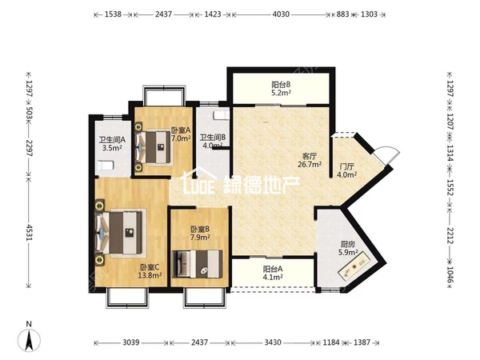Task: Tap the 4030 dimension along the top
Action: click(x=281, y=14)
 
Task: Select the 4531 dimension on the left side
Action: click(x=29, y=232)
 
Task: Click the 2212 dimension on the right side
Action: click(x=450, y=235)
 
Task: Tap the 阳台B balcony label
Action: click(x=281, y=84)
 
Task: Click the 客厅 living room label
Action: click(x=310, y=156)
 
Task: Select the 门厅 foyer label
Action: click(x=347, y=167)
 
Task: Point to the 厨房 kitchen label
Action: click(x=348, y=244)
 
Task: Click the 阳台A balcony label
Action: click(x=273, y=269)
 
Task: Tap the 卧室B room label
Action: click(x=200, y=229)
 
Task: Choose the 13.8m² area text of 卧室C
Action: click(x=150, y=275)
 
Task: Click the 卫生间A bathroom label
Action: click(x=112, y=139)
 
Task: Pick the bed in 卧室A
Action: click(x=153, y=147)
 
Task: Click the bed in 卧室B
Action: click(x=198, y=264)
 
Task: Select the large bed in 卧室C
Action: click(x=120, y=233)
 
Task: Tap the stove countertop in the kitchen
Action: click(x=354, y=265)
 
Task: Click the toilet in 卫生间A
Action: click(x=106, y=166)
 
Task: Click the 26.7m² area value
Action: click(x=310, y=164)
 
